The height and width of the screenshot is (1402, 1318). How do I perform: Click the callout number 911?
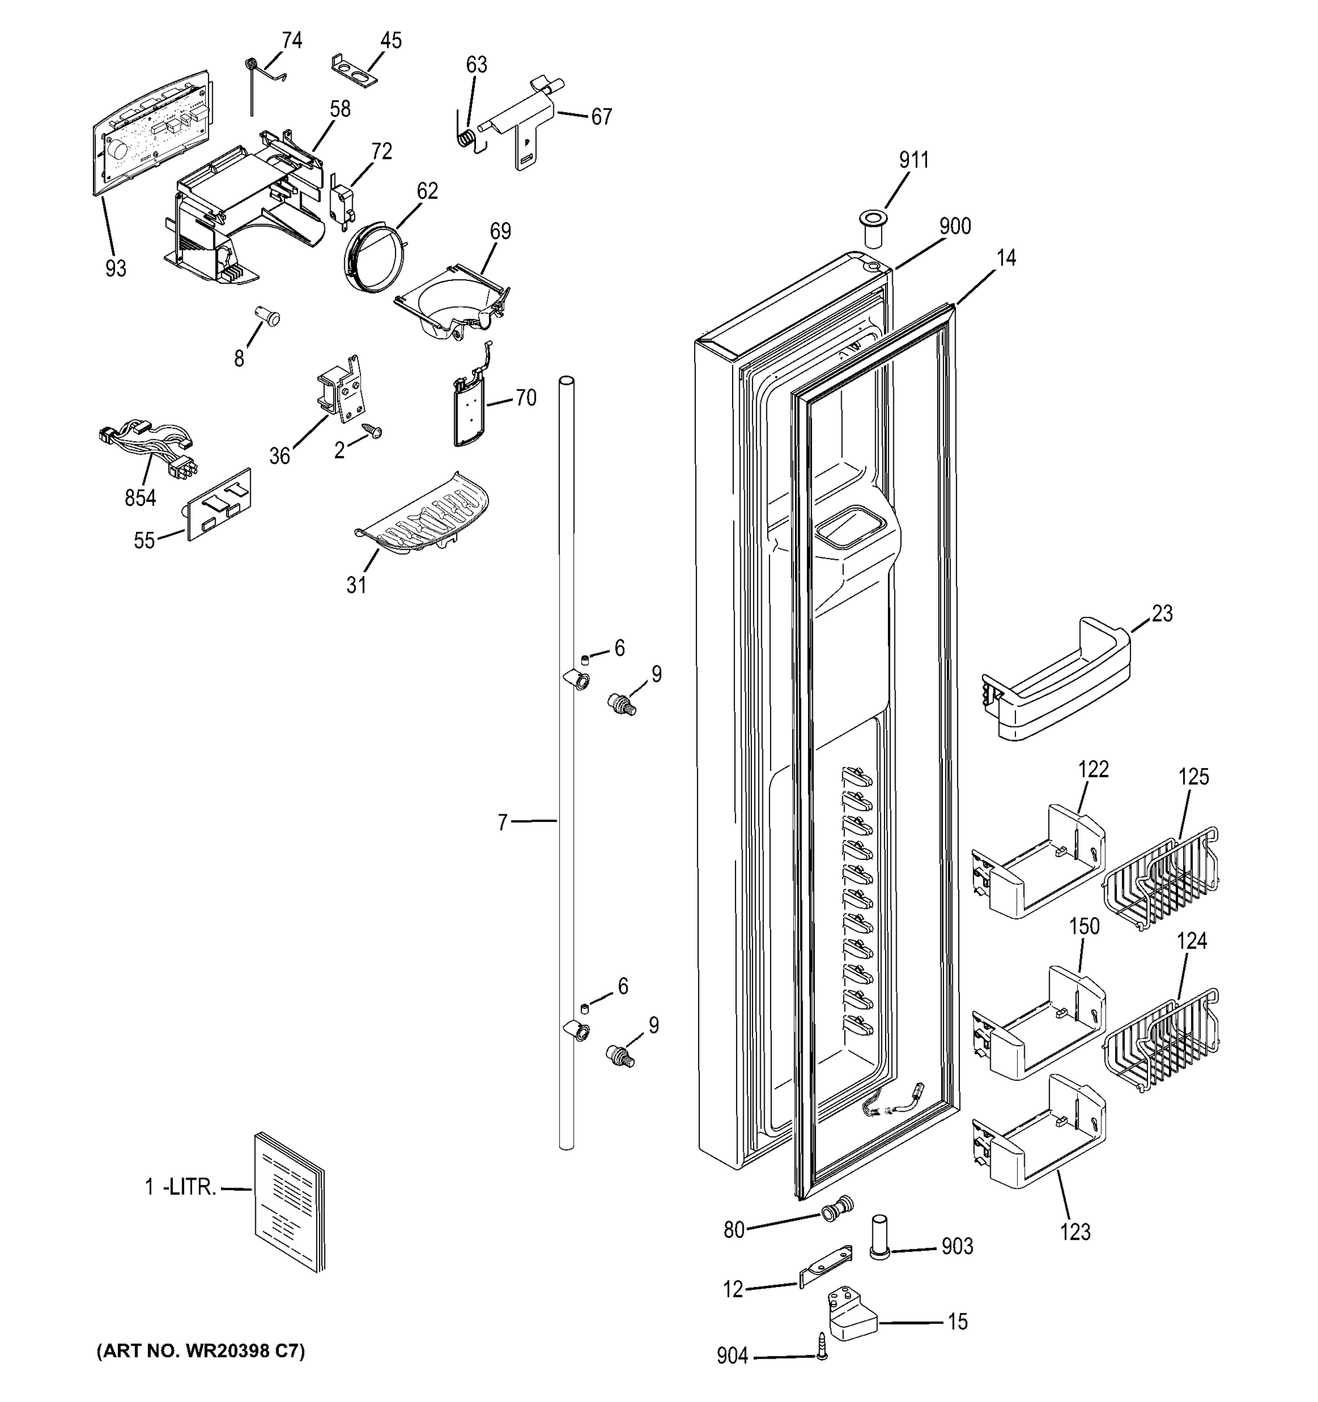click(913, 160)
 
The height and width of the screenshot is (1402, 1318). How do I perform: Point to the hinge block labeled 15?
click(852, 1313)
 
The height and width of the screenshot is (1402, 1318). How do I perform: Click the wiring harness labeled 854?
click(150, 445)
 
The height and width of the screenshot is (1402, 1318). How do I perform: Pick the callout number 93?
click(116, 268)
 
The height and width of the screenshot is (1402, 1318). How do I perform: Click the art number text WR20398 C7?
click(200, 1350)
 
